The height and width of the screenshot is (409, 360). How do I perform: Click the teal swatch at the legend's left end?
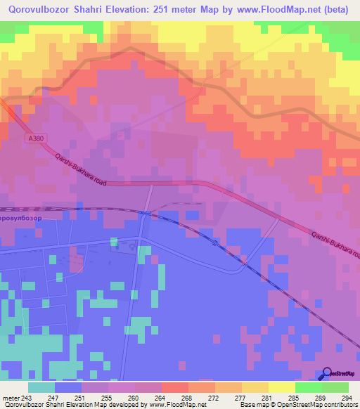(41, 387)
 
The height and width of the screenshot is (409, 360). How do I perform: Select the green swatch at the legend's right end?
(335, 387)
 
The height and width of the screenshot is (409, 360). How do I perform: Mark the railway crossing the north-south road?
(144, 212)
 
